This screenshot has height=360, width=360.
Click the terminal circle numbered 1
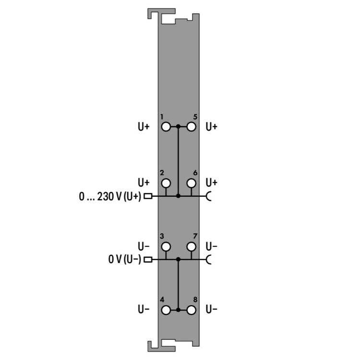(166, 127)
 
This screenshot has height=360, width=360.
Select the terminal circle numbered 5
(191, 127)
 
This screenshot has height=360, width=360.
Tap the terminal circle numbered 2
(166, 183)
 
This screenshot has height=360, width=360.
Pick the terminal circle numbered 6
(191, 183)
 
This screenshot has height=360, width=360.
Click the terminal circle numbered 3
(166, 247)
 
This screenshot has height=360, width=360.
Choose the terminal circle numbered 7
(191, 247)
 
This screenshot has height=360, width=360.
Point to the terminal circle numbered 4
(166, 310)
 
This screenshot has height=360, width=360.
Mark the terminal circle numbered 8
(191, 310)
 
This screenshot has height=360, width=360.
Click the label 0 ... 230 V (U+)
(110, 196)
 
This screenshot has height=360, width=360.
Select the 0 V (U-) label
(125, 259)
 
